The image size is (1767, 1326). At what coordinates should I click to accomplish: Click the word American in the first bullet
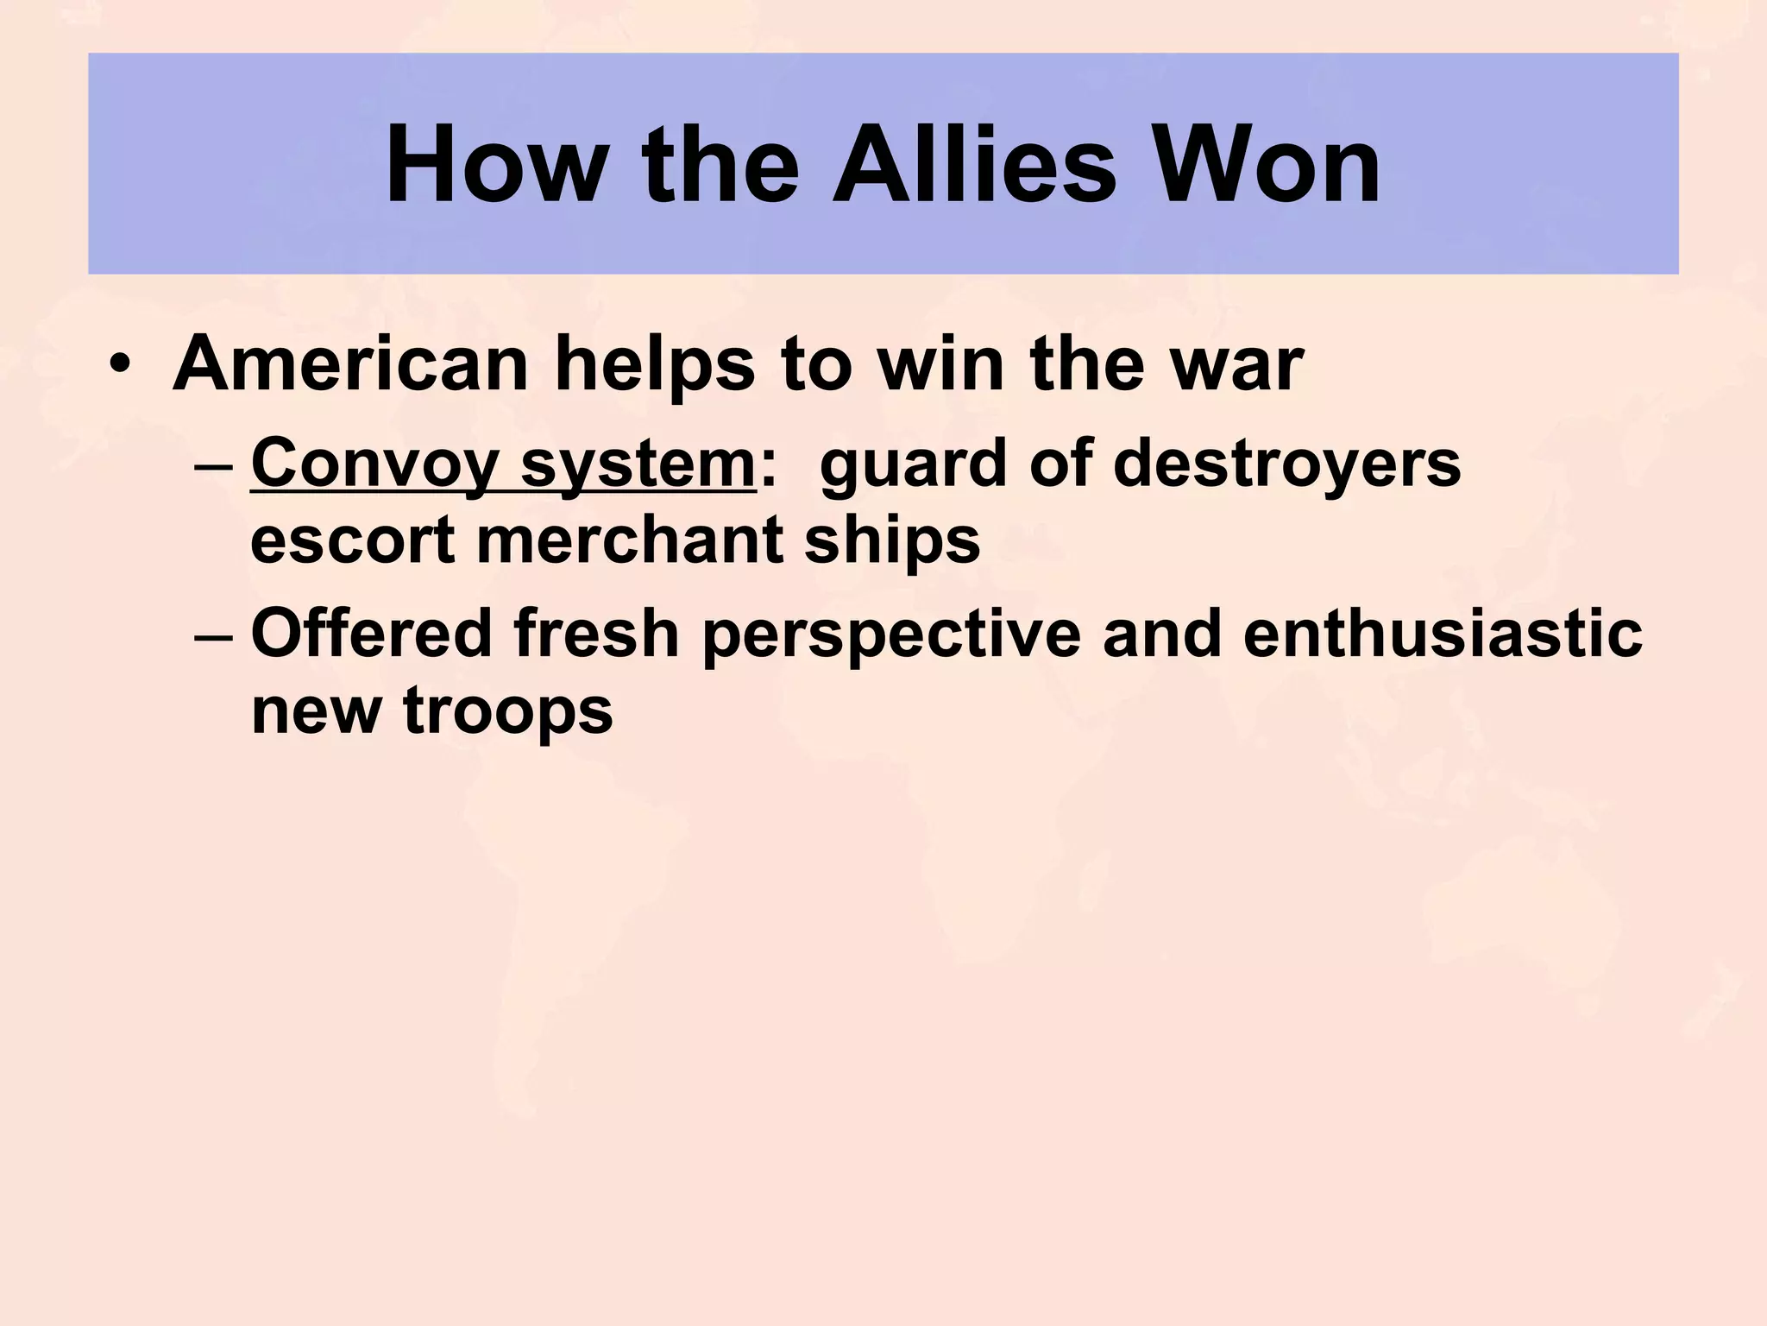[x=350, y=364]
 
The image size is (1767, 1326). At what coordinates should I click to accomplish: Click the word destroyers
[x=1287, y=463]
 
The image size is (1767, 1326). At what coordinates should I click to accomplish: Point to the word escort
[x=353, y=542]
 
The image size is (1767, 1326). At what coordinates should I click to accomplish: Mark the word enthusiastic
[x=1443, y=633]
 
